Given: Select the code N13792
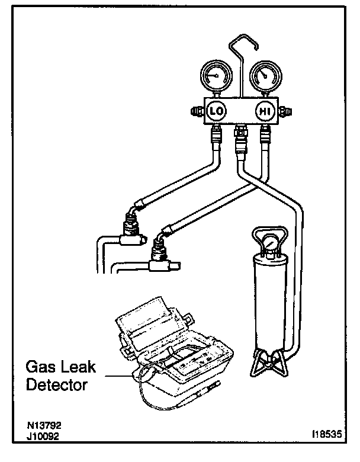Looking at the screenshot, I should coord(44,426).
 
